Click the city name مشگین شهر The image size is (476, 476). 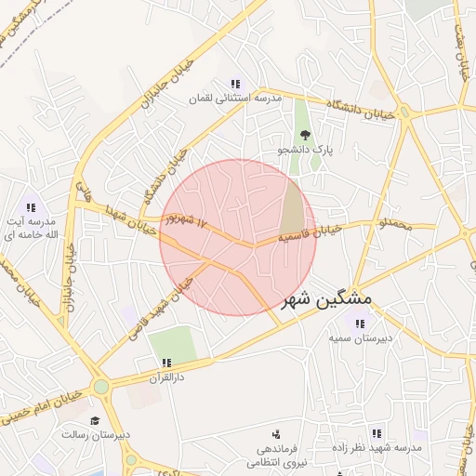pos(326,299)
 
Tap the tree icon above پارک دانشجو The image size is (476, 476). pos(306,135)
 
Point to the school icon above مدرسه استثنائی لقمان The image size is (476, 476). pos(235,84)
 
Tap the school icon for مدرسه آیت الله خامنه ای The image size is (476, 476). pos(31,208)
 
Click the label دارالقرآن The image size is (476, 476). pos(166,378)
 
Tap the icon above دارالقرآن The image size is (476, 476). pos(166,364)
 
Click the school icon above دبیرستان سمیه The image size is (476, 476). pos(359,324)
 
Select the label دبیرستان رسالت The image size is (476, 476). pos(97,434)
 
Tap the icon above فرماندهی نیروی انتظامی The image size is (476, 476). pos(276,434)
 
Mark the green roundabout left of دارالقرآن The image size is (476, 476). pos(100,387)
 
